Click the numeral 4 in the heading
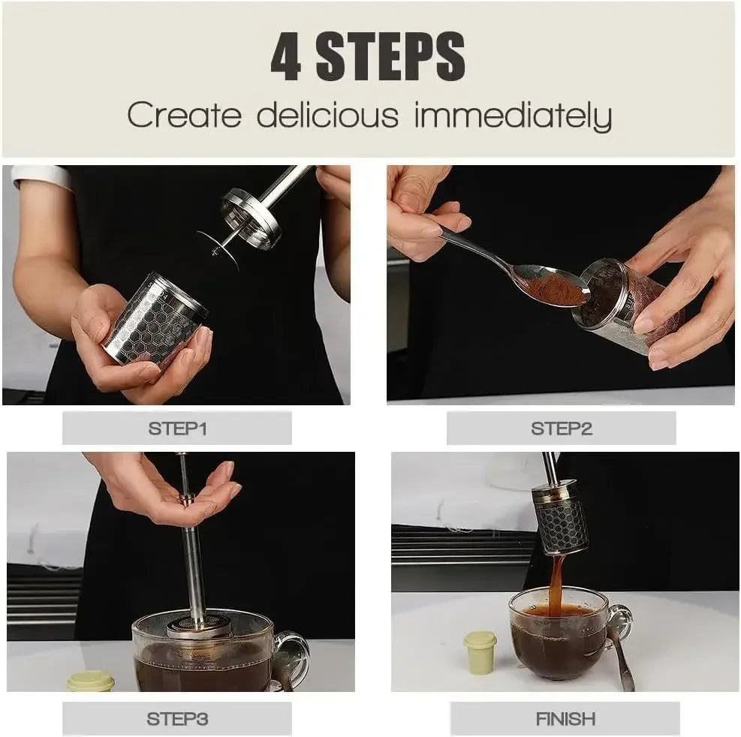pos(286,58)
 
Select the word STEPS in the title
pos(390,58)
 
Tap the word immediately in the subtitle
pos(513,116)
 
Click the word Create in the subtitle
pos(185,116)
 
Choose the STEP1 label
pos(176,429)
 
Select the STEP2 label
pos(561,429)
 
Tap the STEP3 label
pos(176,718)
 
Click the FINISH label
pos(565,718)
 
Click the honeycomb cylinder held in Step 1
pos(155,323)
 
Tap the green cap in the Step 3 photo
pos(91,681)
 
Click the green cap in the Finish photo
pos(480,651)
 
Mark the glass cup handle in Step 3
pos(294,657)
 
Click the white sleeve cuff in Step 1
pos(41,176)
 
